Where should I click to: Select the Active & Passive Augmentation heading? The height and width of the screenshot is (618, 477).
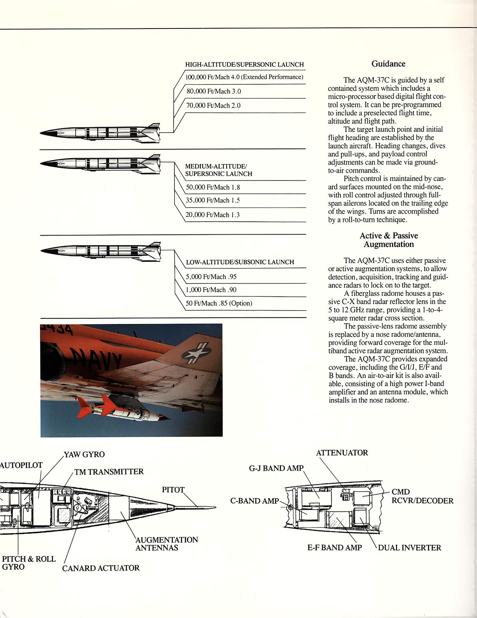pos(389,240)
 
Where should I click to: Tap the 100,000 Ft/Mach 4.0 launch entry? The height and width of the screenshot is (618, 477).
pos(244,77)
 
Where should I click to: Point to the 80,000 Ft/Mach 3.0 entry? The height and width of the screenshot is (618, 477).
pos(214,91)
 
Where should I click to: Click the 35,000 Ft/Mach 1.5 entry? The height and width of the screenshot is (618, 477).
pos(212,200)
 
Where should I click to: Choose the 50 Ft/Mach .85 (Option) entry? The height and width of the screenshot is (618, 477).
pos(219,303)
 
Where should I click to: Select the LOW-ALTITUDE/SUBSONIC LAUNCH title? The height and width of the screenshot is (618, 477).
pos(240,262)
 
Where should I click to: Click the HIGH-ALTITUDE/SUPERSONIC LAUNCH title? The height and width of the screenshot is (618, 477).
pos(244,65)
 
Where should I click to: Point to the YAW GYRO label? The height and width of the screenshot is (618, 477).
pos(84,455)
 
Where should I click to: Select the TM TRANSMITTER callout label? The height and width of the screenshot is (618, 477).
pos(109,472)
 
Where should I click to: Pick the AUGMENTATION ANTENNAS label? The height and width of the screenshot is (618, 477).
pos(166,544)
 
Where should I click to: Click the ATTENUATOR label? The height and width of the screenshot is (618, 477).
pos(342,453)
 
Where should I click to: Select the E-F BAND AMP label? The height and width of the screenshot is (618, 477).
pos(334,548)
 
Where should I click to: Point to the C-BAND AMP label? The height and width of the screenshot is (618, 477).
pos(255,501)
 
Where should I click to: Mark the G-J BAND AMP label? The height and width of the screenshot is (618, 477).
pos(276,468)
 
